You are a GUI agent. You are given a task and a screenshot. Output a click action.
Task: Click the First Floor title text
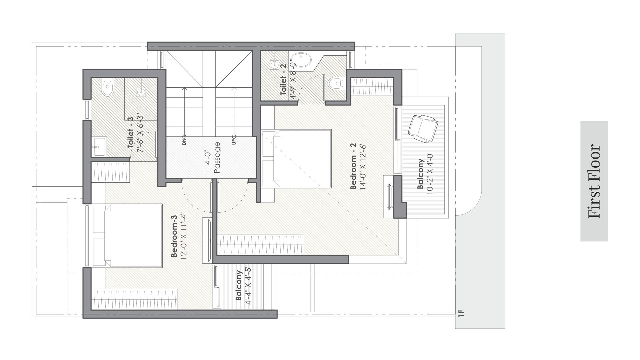[594, 181]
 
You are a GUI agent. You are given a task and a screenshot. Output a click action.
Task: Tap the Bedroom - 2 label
[353, 166]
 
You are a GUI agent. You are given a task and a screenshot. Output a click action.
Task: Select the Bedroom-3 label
[174, 236]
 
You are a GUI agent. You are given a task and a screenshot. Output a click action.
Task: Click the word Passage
[217, 158]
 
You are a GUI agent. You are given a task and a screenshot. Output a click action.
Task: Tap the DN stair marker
[184, 140]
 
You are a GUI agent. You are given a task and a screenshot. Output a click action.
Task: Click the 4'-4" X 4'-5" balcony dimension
[247, 285]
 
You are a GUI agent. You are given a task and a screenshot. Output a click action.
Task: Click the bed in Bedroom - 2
[297, 158]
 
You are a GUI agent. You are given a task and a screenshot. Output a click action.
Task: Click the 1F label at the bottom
[461, 313]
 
